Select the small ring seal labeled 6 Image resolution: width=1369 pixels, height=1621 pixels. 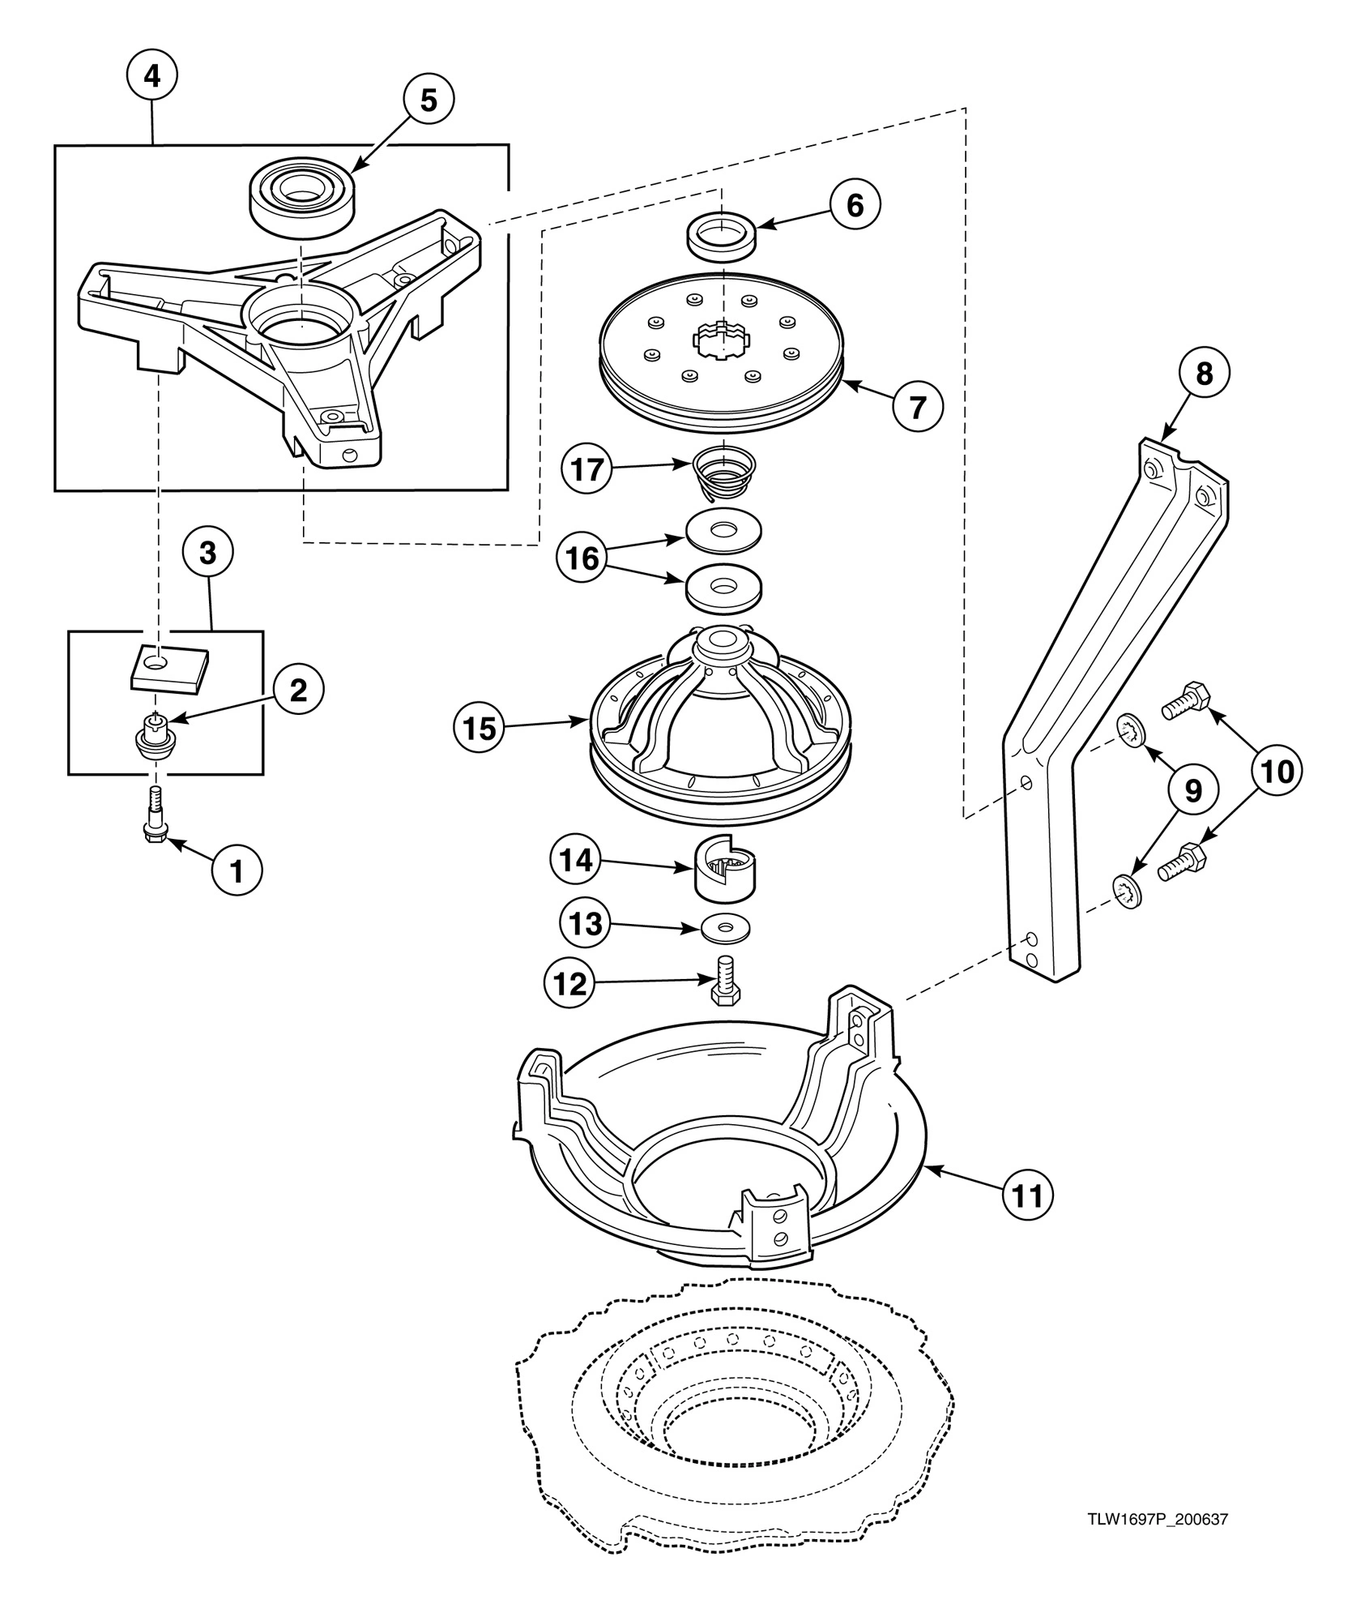721,234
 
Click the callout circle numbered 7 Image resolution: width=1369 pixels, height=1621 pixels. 918,407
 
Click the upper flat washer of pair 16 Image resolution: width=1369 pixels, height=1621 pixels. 723,532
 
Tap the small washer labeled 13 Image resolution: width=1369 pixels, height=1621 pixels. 725,929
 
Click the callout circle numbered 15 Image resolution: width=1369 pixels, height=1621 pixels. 479,728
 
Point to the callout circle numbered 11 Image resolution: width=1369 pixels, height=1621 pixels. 1027,1194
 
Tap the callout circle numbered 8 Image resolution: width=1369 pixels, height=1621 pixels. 1205,374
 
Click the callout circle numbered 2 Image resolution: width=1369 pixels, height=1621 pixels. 298,690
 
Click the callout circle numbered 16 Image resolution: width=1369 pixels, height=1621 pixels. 582,558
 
